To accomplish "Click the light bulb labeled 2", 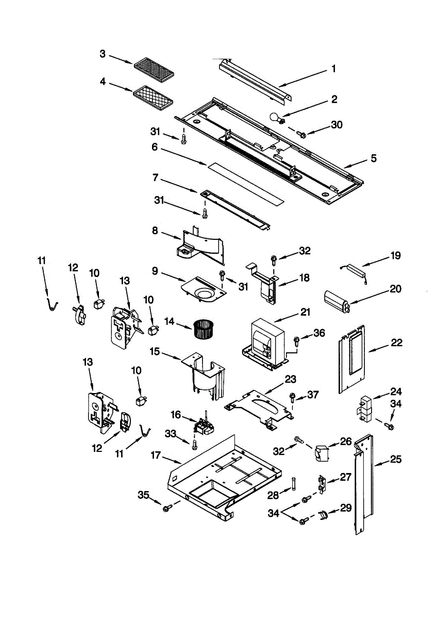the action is [277, 118].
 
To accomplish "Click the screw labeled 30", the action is [300, 134].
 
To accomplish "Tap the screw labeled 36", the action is [297, 341].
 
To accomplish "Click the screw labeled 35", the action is [167, 508].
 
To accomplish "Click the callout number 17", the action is [156, 455].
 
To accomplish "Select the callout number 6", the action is [155, 147].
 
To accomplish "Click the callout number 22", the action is [396, 343].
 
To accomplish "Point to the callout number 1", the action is [334, 68].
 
